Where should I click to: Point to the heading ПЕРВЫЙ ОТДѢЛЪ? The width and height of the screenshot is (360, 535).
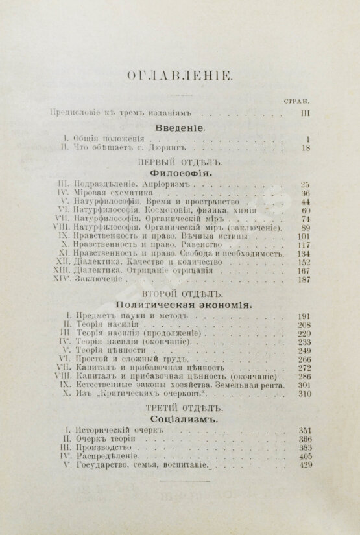point(179,163)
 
